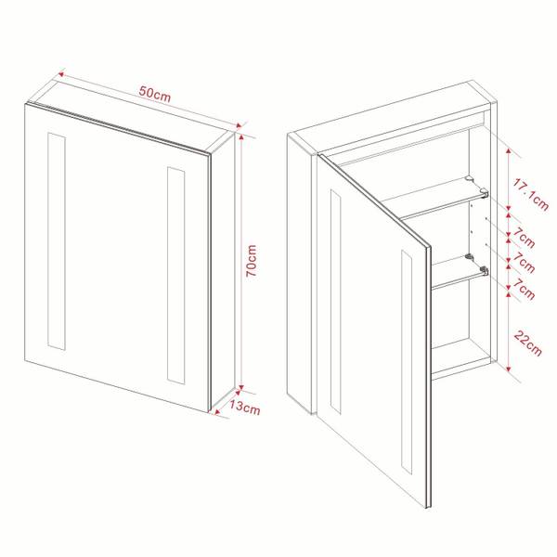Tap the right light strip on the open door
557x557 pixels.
(406, 362)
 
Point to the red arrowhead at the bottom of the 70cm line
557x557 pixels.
(241, 391)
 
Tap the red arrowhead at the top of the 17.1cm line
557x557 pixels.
(510, 149)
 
